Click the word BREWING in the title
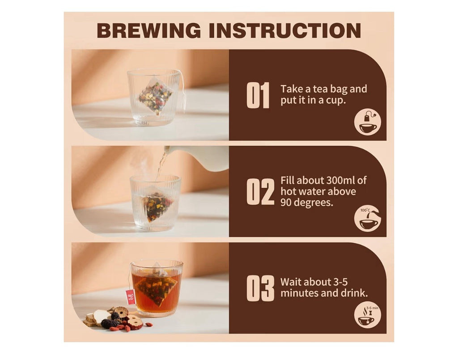[x=149, y=30]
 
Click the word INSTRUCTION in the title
[x=285, y=30]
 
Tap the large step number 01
[x=258, y=95]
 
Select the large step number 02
[x=260, y=192]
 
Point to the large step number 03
[x=260, y=288]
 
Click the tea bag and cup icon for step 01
[x=368, y=122]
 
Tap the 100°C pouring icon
[x=368, y=218]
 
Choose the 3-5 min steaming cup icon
[x=368, y=315]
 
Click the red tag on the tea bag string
[x=131, y=297]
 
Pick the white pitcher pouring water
[x=199, y=158]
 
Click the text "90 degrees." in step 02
[x=307, y=203]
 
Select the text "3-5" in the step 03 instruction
[x=340, y=282]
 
